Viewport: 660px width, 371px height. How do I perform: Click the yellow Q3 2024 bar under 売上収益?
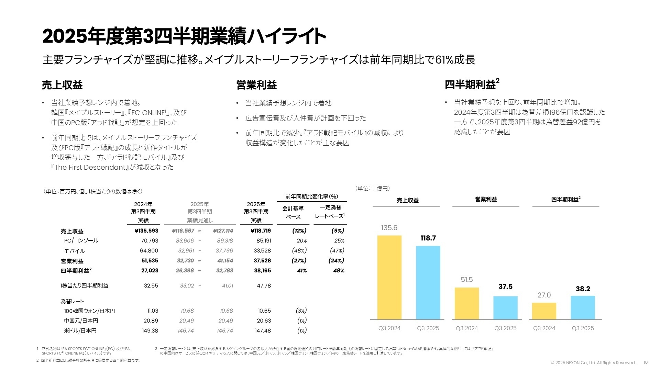[x=389, y=277]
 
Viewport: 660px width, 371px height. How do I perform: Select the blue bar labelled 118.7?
[x=428, y=282]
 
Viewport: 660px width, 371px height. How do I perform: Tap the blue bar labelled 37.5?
[x=505, y=307]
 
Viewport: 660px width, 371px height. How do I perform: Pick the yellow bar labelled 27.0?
[x=544, y=311]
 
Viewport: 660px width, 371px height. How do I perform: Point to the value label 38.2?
[x=583, y=289]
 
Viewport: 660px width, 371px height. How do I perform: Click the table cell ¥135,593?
[x=146, y=231]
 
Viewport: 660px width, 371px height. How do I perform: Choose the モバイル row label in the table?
[x=74, y=251]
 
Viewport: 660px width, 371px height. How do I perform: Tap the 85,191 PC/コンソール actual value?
[x=264, y=241]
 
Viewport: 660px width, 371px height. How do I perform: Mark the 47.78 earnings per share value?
[x=264, y=285]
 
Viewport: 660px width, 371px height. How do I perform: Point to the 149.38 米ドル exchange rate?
[x=150, y=330]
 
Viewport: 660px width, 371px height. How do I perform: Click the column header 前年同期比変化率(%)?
[x=311, y=196]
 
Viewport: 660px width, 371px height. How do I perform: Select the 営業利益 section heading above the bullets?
[x=256, y=85]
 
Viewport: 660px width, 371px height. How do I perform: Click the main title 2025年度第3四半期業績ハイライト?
[x=184, y=36]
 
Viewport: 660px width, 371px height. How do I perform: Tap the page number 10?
[x=645, y=362]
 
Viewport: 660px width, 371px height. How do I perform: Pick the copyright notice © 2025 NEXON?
[x=593, y=363]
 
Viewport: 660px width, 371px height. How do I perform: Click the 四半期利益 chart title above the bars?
[x=565, y=200]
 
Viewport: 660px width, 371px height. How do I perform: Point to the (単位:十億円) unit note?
[x=373, y=188]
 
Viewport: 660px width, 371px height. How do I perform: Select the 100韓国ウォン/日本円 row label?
[x=89, y=311]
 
